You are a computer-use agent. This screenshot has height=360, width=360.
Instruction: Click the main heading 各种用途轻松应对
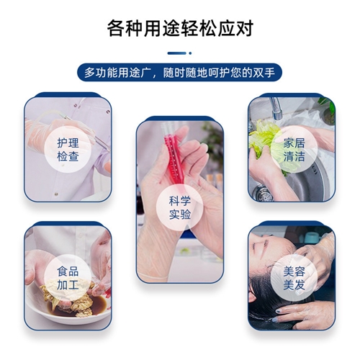click(180, 29)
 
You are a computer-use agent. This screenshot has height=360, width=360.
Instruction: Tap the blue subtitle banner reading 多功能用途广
click(179, 73)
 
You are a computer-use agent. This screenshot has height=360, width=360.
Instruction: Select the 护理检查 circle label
click(68, 150)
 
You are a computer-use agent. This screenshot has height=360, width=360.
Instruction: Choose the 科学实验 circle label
click(180, 207)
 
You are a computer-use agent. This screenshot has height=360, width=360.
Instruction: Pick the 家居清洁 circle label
click(294, 150)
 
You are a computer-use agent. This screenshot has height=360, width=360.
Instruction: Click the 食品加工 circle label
click(68, 279)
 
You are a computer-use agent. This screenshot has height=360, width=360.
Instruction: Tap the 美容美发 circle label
click(294, 279)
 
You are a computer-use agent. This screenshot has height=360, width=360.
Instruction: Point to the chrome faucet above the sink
click(275, 108)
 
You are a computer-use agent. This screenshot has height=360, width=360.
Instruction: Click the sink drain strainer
click(264, 194)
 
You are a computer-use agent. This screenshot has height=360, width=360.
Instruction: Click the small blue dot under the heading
click(190, 53)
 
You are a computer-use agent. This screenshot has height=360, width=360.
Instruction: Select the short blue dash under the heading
click(177, 53)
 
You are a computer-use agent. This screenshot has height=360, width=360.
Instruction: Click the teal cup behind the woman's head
click(312, 237)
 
